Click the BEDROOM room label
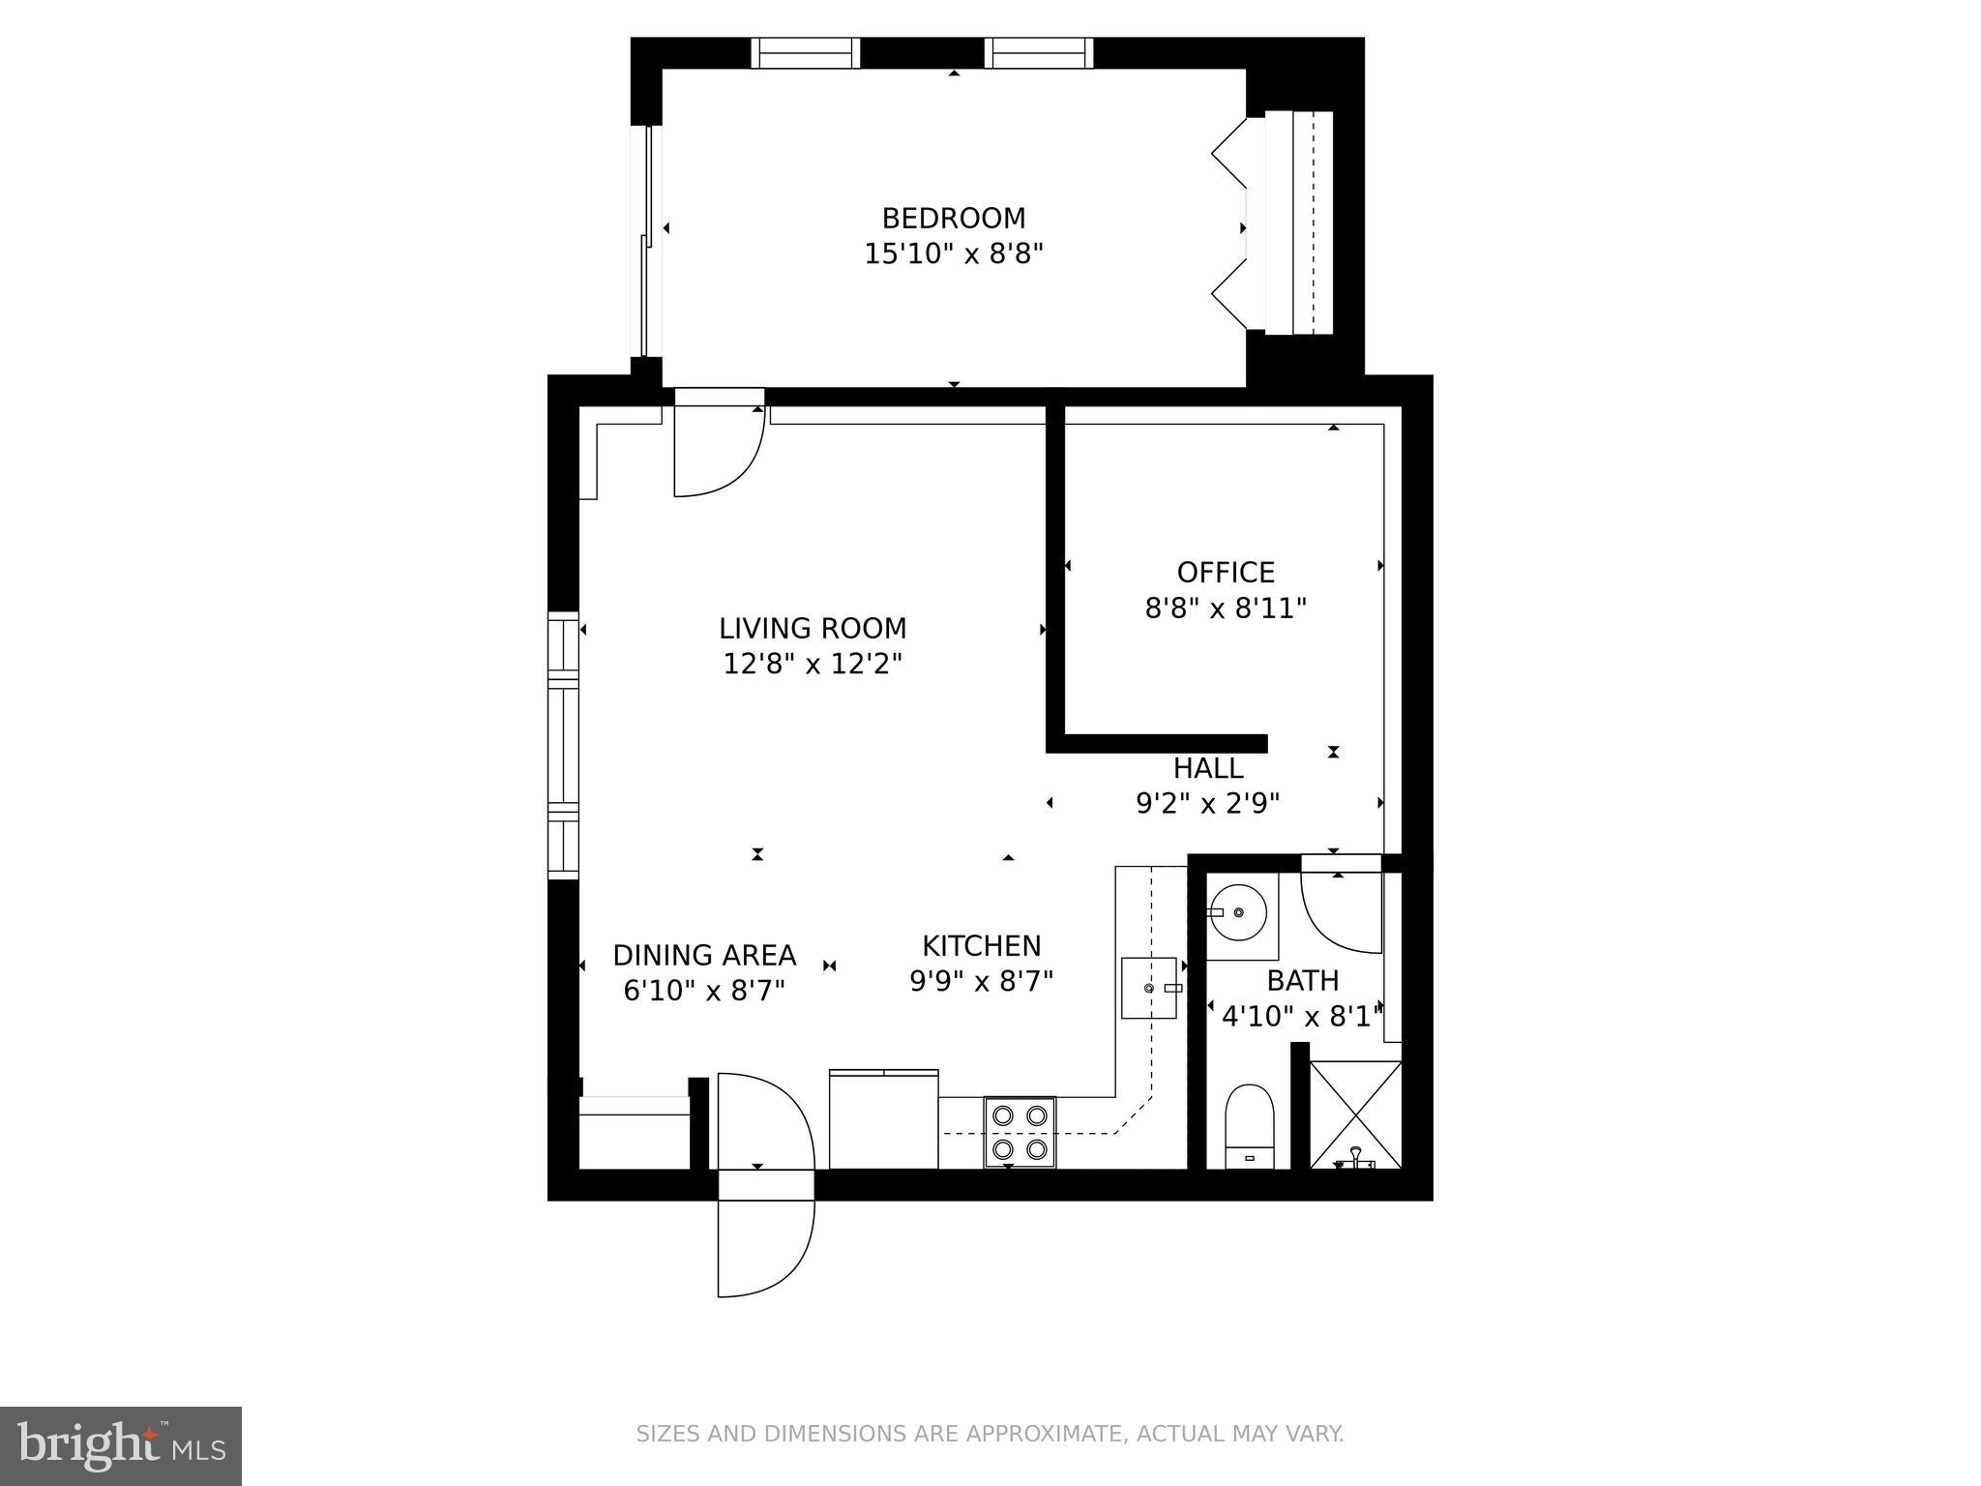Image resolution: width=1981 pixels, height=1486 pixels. (x=953, y=218)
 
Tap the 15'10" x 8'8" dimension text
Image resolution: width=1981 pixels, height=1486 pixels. (x=953, y=254)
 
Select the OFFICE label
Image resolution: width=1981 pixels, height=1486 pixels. (x=1226, y=573)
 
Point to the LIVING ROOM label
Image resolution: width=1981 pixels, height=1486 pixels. (x=813, y=629)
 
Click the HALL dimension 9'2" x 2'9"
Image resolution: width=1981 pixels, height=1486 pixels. (x=1207, y=804)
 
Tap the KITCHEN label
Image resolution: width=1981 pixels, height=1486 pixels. (x=981, y=946)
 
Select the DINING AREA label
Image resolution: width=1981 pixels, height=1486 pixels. (x=704, y=956)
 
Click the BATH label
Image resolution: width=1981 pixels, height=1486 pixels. (x=1302, y=981)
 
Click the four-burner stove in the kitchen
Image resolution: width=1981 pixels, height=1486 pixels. (x=1020, y=1132)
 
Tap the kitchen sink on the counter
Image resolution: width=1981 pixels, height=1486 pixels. (x=1149, y=988)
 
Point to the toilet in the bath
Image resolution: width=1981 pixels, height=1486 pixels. (x=1250, y=1126)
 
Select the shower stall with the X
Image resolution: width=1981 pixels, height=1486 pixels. (x=1355, y=1114)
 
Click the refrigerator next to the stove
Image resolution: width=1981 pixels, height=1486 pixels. (x=883, y=1119)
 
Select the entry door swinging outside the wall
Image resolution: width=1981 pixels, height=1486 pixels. (x=764, y=1243)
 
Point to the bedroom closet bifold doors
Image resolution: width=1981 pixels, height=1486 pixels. (x=1230, y=229)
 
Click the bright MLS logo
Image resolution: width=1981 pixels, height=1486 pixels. (x=120, y=1446)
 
